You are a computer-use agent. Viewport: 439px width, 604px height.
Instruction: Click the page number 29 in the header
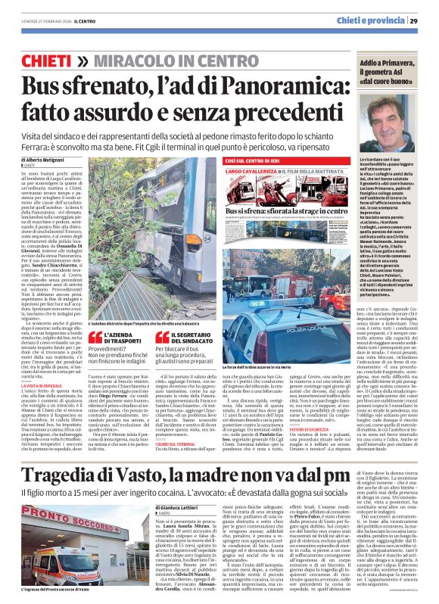point(416,20)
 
